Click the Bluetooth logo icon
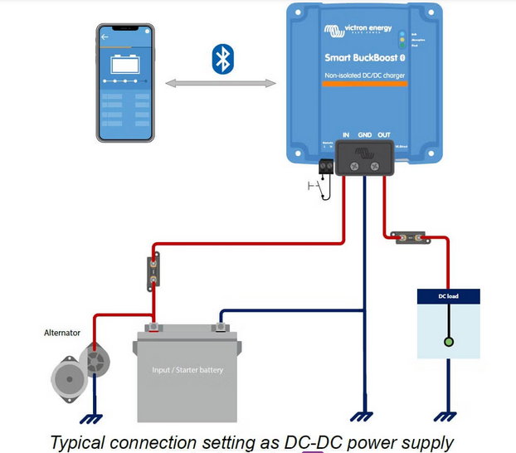(222, 60)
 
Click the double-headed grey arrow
(220, 83)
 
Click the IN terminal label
(345, 134)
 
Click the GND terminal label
(364, 134)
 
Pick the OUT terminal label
(384, 134)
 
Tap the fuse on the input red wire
(153, 270)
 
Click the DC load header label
(449, 296)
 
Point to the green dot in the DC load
(449, 342)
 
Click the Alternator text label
(62, 333)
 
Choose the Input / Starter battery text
(187, 370)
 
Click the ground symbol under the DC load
(449, 417)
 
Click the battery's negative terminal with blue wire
(221, 328)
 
